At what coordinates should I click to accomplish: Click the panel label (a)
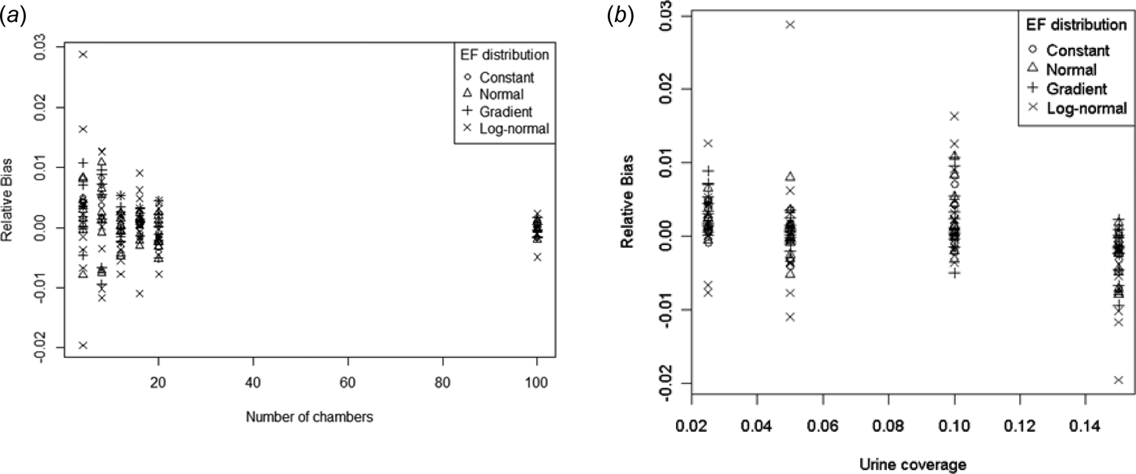(x=12, y=14)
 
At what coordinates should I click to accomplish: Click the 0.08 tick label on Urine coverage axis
(x=889, y=423)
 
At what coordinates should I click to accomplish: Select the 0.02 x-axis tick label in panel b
(x=691, y=423)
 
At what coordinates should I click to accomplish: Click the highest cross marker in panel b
(x=790, y=24)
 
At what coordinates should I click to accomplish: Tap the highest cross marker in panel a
(x=83, y=54)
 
